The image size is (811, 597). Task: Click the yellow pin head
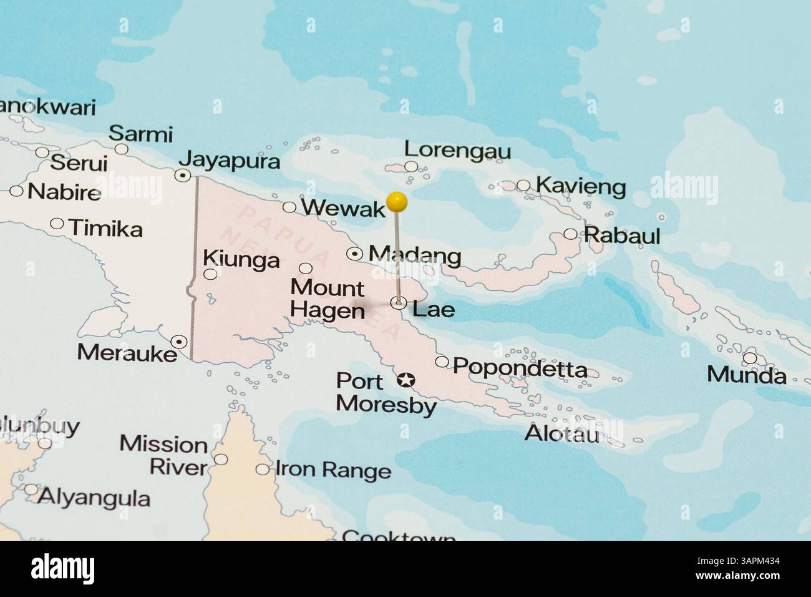click(x=397, y=201)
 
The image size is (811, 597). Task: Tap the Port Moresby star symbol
click(x=406, y=379)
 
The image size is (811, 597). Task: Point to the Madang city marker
click(x=355, y=254)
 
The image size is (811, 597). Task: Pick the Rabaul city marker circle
click(x=570, y=234)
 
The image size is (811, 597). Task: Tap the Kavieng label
click(x=580, y=186)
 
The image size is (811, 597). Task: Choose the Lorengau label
click(x=457, y=150)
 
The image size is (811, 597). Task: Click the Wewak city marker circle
click(x=289, y=207)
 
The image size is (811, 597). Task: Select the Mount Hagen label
click(x=328, y=298)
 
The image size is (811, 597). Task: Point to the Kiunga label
click(x=241, y=259)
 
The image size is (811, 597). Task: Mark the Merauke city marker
click(x=180, y=341)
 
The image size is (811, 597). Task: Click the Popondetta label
click(x=520, y=368)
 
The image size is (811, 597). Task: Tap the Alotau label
click(x=561, y=433)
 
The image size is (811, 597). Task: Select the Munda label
click(x=746, y=375)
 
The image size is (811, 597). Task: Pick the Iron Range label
click(x=333, y=470)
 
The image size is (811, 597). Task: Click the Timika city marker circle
click(x=57, y=223)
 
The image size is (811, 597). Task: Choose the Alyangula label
click(x=94, y=498)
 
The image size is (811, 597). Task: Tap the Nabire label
click(x=64, y=192)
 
